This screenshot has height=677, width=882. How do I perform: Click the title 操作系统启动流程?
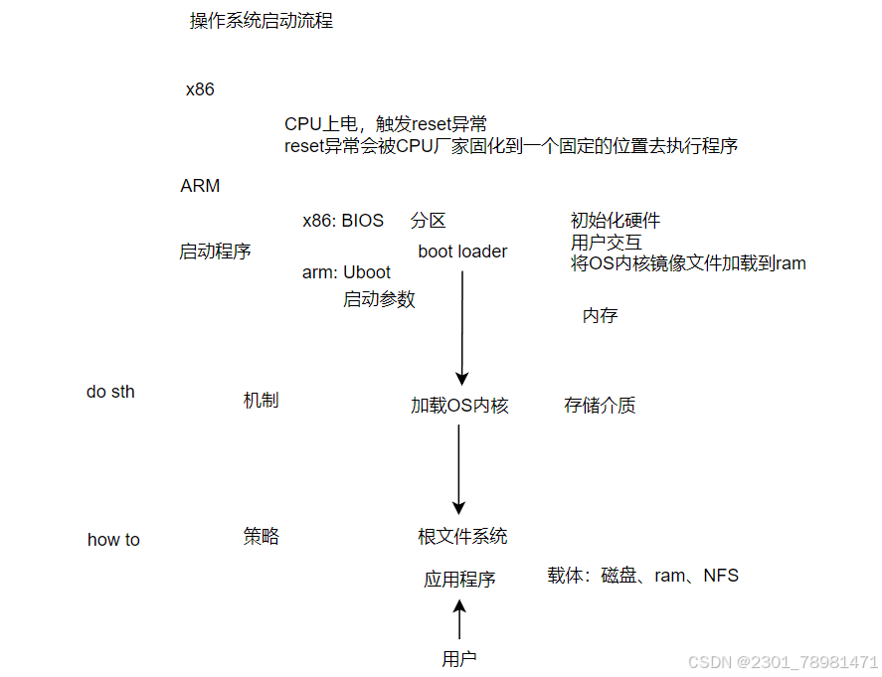(261, 21)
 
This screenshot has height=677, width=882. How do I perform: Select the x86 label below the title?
(200, 89)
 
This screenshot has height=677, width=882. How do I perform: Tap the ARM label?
(200, 186)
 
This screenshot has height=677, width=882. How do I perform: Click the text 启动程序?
(215, 252)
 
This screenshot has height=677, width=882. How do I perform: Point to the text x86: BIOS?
(343, 221)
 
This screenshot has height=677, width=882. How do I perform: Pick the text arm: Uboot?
(346, 272)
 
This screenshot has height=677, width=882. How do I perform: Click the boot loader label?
(462, 252)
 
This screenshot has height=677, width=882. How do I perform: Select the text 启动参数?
(379, 299)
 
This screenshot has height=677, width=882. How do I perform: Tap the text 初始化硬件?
(616, 221)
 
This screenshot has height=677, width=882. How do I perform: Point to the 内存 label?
(600, 316)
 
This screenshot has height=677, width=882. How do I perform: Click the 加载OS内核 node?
(459, 406)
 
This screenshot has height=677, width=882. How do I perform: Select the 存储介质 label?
(600, 406)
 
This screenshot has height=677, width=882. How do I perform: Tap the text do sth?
(110, 392)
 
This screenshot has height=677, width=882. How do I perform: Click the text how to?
(113, 540)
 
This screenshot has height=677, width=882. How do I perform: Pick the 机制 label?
(261, 401)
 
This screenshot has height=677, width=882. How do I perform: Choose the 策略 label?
(261, 537)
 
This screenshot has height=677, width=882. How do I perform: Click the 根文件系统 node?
(462, 537)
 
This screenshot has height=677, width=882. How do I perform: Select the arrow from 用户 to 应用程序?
(459, 619)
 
